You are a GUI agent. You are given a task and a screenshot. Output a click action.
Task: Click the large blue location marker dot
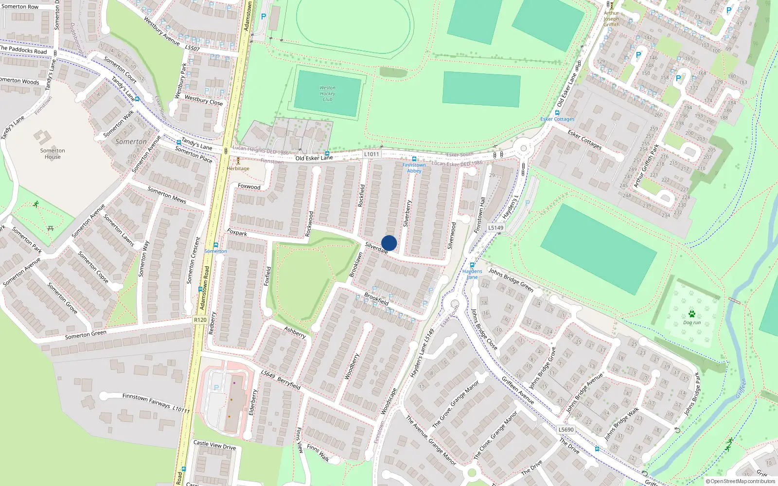pos(389,243)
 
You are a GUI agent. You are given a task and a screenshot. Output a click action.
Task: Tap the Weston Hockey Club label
pos(327,94)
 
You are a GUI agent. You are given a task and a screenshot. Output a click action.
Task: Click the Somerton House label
pos(53,154)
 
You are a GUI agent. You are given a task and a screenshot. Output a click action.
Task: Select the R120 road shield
pos(200,320)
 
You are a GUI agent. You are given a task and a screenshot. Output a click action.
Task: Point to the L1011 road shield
pos(371,154)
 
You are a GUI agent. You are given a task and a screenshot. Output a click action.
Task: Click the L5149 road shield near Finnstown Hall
pos(495,227)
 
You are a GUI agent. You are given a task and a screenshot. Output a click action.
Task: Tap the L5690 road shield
pos(566,430)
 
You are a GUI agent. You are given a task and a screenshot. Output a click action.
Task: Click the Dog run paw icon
pos(691,314)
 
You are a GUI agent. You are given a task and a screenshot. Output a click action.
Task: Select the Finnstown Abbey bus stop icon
pos(414,159)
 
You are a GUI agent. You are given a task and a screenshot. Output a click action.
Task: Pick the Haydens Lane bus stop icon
pos(472,265)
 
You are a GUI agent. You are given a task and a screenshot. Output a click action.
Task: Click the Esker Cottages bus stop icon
pos(557,113)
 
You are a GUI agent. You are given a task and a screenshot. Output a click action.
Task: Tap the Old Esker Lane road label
pos(314,158)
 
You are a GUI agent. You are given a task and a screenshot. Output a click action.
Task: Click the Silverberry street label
pos(407,213)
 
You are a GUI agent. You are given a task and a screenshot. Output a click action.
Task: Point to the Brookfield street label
pos(376,298)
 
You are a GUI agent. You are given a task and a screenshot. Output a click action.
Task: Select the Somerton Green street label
pos(86,335)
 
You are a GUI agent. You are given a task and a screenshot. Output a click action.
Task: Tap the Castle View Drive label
pos(214,445)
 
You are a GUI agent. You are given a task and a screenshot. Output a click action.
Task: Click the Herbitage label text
pos(238,169)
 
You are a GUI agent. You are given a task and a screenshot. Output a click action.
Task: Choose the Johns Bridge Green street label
pos(511,279)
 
